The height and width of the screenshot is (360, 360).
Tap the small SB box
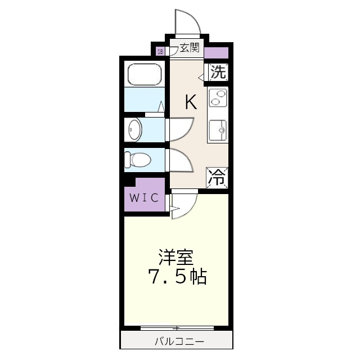pyautogui.click(x=160, y=52)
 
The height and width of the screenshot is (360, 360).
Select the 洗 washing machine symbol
pyautogui.click(x=219, y=72)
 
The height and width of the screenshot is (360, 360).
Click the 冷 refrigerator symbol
pyautogui.click(x=218, y=177)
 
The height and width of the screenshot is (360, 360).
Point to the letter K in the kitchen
pyautogui.click(x=191, y=102)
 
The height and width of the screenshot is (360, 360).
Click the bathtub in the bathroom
pyautogui.click(x=145, y=74)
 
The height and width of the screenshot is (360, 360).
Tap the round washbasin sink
pyautogui.click(x=134, y=129)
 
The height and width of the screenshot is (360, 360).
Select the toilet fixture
pyautogui.click(x=137, y=159)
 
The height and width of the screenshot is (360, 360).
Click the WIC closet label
pyautogui.click(x=144, y=198)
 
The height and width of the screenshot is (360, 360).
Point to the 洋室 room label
pyautogui.click(x=176, y=258)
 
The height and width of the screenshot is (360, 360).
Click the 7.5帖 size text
pyautogui.click(x=177, y=277)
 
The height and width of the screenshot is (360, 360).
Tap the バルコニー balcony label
pyautogui.click(x=176, y=341)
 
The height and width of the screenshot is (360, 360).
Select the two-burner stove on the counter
pyautogui.click(x=218, y=98)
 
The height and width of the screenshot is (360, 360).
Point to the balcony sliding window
pyautogui.click(x=176, y=327)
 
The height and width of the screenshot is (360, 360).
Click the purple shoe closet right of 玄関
pyautogui.click(x=217, y=54)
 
